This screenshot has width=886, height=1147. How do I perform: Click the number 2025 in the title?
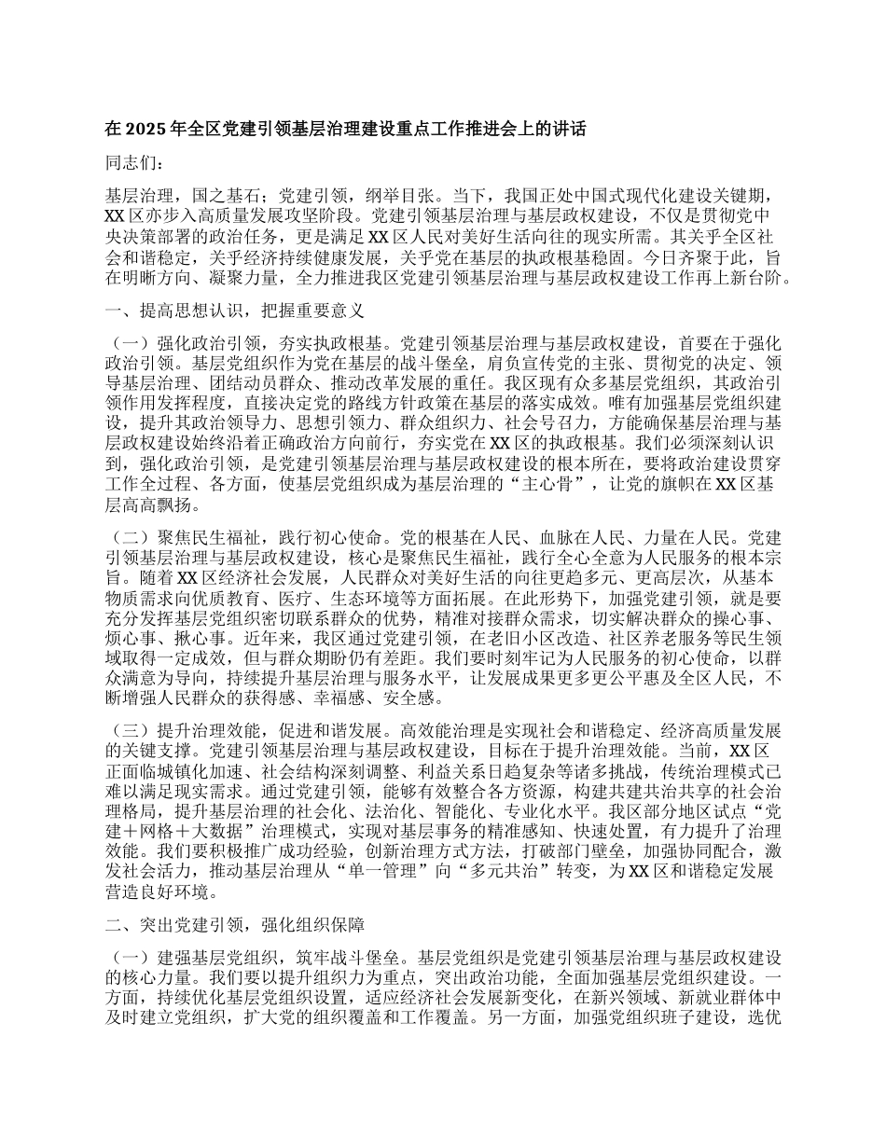[x=148, y=131]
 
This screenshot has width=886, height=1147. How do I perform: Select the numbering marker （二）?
[x=131, y=537]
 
